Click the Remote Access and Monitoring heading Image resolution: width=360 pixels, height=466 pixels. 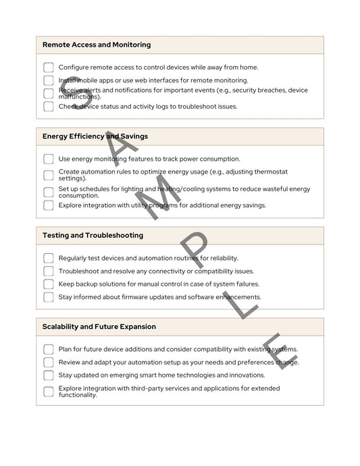[x=97, y=45]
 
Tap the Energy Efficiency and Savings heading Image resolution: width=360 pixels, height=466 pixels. [x=95, y=136]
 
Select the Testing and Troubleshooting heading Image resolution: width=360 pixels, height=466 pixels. [x=93, y=236]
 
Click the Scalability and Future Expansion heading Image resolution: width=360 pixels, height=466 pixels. [x=99, y=327]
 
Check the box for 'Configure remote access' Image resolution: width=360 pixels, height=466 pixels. [x=48, y=68]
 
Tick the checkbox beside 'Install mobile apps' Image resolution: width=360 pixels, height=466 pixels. [x=48, y=80]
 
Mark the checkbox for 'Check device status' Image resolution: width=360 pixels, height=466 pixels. [x=48, y=106]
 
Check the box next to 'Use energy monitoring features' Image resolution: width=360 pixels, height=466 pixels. [x=48, y=159]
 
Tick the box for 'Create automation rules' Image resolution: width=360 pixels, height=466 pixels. [x=48, y=175]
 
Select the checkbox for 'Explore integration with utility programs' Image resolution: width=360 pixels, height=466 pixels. [x=48, y=205]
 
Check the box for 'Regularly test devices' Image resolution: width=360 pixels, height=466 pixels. [x=48, y=258]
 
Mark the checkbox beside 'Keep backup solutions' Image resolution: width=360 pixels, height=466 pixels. [x=48, y=284]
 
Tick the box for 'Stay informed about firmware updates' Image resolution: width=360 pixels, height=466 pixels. [x=48, y=297]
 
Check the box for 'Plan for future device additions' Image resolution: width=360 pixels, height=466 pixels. [x=48, y=349]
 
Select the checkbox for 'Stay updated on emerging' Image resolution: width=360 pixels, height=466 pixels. [x=48, y=375]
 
